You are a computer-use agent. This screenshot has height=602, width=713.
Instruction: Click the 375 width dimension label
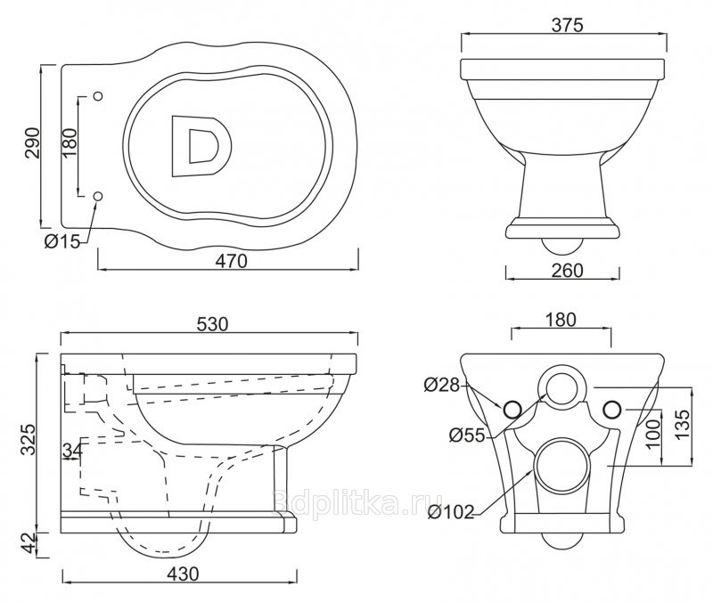point(567,25)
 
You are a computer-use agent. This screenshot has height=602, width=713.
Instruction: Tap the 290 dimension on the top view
point(33,142)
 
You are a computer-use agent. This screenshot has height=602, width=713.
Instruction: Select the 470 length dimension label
point(232,261)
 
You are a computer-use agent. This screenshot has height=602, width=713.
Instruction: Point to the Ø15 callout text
point(61,240)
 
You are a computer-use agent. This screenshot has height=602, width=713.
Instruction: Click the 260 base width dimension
point(567,271)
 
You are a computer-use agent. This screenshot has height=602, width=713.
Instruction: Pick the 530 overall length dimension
point(212,324)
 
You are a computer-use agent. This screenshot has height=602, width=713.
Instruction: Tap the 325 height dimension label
point(29,439)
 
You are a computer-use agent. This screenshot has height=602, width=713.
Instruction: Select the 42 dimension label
point(29,543)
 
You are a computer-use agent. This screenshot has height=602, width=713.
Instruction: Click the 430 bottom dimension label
point(183,574)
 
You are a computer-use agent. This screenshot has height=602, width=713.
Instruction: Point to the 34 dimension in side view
point(73,450)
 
